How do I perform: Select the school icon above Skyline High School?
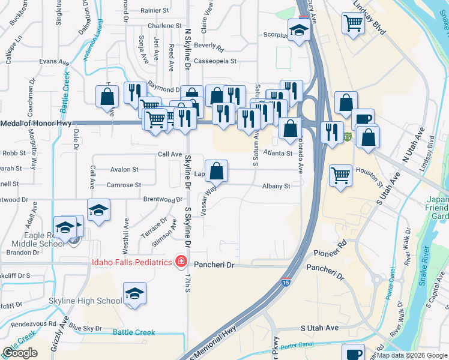135,294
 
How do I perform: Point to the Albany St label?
276,186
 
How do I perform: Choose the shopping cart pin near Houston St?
340,176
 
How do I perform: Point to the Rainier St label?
155,10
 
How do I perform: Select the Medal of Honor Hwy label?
36,124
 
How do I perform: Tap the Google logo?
20,353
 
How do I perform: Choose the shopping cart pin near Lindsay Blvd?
353,23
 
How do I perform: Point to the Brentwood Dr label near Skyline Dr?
163,199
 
